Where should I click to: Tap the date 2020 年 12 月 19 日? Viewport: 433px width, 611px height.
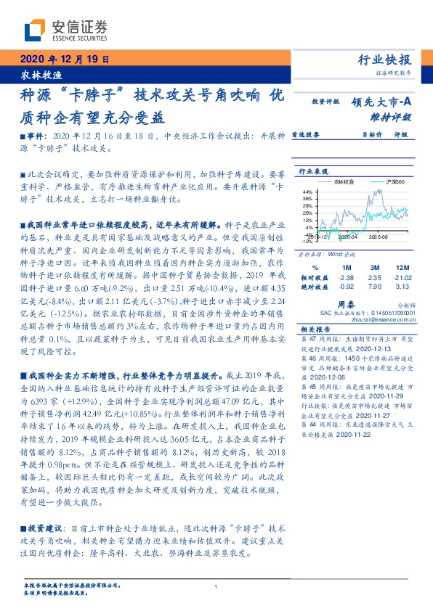pos(62,60)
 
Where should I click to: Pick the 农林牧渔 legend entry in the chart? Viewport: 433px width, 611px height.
pos(346,183)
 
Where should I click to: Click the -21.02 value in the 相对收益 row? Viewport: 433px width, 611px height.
pos(403,276)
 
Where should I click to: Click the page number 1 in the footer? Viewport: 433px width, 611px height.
pos(216,587)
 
